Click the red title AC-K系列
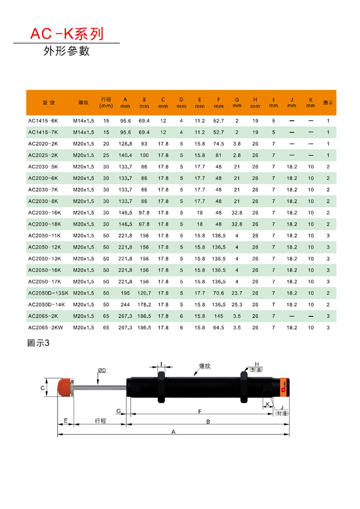coord(67,34)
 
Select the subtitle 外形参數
coord(66,51)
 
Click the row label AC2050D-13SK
coord(48,293)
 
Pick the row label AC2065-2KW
coord(45,328)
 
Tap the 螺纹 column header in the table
coord(83,103)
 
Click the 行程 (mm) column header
coord(106,103)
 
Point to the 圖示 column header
coord(328,103)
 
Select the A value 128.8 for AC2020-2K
coord(125,144)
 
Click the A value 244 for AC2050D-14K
coord(125,304)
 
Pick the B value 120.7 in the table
coord(144,293)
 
